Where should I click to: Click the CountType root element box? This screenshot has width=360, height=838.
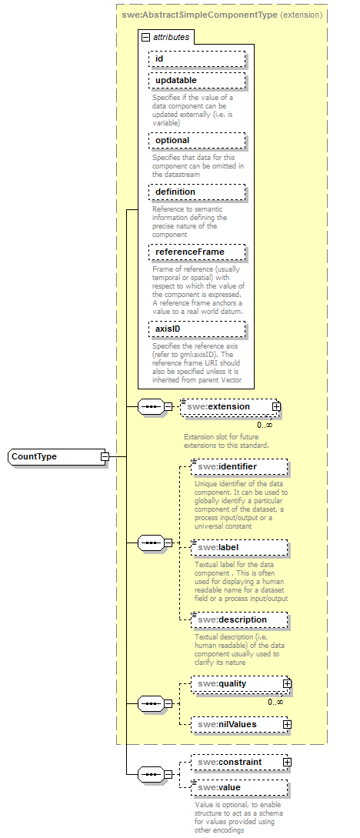(x=54, y=457)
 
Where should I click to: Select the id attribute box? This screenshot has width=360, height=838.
(x=197, y=58)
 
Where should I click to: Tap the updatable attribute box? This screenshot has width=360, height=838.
(x=197, y=81)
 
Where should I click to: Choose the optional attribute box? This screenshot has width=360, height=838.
(x=197, y=141)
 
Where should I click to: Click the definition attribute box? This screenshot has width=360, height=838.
(x=197, y=192)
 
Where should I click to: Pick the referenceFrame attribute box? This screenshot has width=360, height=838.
(x=197, y=252)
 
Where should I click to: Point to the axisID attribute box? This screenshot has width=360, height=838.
(x=197, y=329)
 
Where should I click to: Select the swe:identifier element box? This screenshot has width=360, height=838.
(x=238, y=467)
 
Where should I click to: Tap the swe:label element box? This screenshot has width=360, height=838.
(x=238, y=548)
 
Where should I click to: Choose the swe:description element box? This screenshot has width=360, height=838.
(x=238, y=620)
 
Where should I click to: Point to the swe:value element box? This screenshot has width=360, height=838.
(x=238, y=788)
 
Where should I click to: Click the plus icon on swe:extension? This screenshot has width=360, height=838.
(x=276, y=407)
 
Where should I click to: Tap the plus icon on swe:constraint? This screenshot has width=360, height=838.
(x=287, y=763)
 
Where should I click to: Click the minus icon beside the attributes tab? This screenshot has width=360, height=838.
(x=145, y=37)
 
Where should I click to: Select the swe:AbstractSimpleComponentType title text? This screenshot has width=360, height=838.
(x=200, y=14)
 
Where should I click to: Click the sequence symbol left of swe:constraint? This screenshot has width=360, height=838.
(x=151, y=775)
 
